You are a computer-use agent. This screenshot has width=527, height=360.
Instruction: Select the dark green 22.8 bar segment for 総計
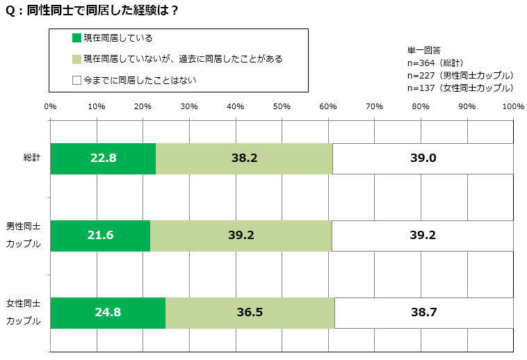pos(103,158)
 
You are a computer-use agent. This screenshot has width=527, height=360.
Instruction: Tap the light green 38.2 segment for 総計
pos(244,158)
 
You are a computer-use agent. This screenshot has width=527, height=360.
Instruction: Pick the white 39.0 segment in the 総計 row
pos(423,158)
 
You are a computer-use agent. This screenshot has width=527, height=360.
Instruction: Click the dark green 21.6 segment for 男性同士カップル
pos(100,235)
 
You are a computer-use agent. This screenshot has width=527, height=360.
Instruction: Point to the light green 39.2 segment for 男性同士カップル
pos(241,235)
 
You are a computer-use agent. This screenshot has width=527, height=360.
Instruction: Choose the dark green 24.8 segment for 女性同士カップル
pos(108,312)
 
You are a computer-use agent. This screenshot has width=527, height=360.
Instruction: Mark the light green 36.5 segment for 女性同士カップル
pos(250,312)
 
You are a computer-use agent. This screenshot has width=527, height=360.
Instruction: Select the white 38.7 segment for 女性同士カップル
pos(423,312)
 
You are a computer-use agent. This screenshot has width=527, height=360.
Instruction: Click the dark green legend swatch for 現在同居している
pos(77,38)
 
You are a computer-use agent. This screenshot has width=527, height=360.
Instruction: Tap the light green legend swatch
pos(77,59)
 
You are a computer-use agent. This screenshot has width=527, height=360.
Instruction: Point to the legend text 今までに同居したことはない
pos(140,80)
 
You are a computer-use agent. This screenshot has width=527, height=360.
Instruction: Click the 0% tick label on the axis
pos(50,106)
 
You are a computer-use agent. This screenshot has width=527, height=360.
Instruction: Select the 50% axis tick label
pos(282,106)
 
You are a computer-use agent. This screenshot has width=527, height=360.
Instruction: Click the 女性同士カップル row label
pos(24,313)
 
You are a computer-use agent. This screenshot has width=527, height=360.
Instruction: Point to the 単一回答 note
pos(423,51)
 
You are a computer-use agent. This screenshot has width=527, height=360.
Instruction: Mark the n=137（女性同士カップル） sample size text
pos(460,88)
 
